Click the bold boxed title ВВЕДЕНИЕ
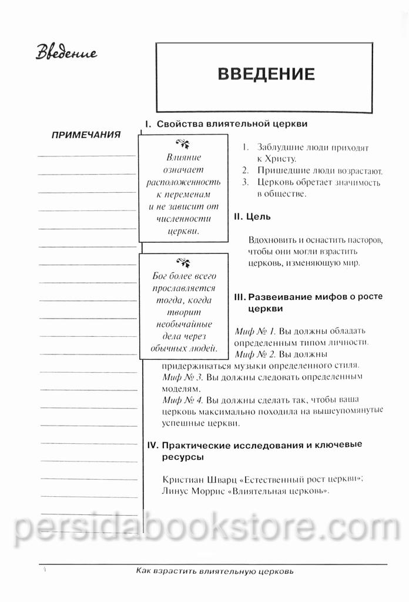click(x=266, y=74)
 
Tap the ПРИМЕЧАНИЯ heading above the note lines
click(x=86, y=135)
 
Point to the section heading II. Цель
click(x=252, y=216)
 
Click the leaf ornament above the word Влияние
click(x=183, y=144)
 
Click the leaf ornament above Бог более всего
click(x=183, y=262)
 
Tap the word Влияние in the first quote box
click(x=183, y=158)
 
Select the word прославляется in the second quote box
click(x=183, y=288)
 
